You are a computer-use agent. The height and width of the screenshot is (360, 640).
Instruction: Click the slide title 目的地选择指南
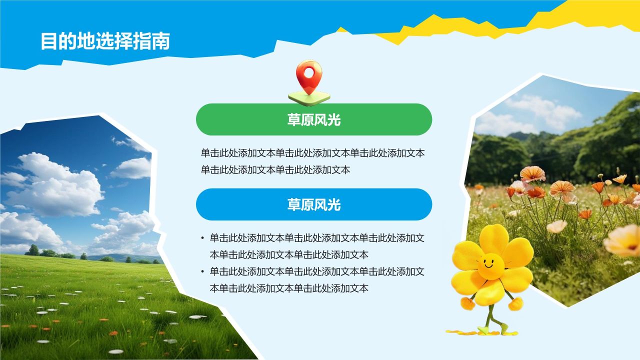105,41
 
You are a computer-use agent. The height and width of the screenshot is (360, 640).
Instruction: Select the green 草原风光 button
313,119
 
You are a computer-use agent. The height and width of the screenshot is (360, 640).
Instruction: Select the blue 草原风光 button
313,204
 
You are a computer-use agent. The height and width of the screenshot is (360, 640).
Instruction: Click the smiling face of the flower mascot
489,263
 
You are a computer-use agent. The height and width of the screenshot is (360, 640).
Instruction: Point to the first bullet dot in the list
202,238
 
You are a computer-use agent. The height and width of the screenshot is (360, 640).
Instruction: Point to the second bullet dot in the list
202,272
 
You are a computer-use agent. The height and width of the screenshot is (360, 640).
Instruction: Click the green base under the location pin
309,98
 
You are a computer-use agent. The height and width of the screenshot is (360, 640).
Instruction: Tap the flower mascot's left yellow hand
467,303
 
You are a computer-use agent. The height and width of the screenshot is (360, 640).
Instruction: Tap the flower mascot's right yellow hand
515,303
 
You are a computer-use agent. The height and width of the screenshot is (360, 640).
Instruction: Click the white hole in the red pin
308,72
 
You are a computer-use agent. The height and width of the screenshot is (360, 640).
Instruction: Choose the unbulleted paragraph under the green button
312,161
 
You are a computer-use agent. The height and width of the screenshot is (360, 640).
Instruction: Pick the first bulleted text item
317,246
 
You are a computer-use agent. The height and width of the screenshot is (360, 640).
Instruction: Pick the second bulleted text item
317,280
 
